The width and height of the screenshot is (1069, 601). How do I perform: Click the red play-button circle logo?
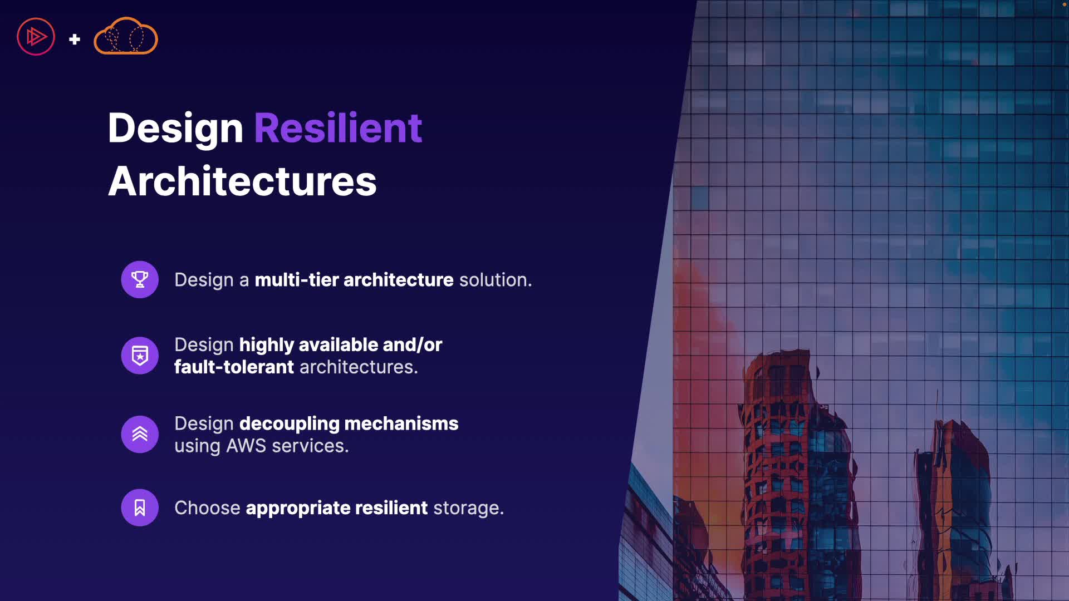pyautogui.click(x=36, y=37)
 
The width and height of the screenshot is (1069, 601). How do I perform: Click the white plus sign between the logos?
pyautogui.click(x=75, y=39)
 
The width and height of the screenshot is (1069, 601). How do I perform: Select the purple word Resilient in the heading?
pyautogui.click(x=338, y=128)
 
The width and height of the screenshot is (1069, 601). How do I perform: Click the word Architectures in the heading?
pyautogui.click(x=242, y=181)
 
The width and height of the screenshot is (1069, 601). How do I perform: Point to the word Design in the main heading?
pyautogui.click(x=175, y=129)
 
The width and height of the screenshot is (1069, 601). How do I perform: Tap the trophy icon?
pyautogui.click(x=140, y=279)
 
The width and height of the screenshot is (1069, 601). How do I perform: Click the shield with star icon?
pyautogui.click(x=140, y=356)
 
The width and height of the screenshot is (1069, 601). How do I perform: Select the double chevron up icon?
pyautogui.click(x=140, y=434)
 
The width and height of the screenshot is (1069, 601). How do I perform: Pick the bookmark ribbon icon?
pyautogui.click(x=140, y=508)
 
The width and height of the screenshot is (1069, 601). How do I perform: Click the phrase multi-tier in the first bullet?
pyautogui.click(x=297, y=280)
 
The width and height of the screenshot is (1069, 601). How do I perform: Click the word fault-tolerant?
pyautogui.click(x=234, y=367)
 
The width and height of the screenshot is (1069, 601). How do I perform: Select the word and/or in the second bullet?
pyautogui.click(x=412, y=345)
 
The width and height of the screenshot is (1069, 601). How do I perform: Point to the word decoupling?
pyautogui.click(x=289, y=425)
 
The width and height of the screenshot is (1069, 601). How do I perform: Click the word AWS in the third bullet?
pyautogui.click(x=246, y=446)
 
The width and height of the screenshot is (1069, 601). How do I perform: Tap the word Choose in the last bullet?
pyautogui.click(x=207, y=508)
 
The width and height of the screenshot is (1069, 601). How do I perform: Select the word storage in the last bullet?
pyautogui.click(x=468, y=509)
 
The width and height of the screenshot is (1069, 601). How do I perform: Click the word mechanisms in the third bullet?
pyautogui.click(x=401, y=423)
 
